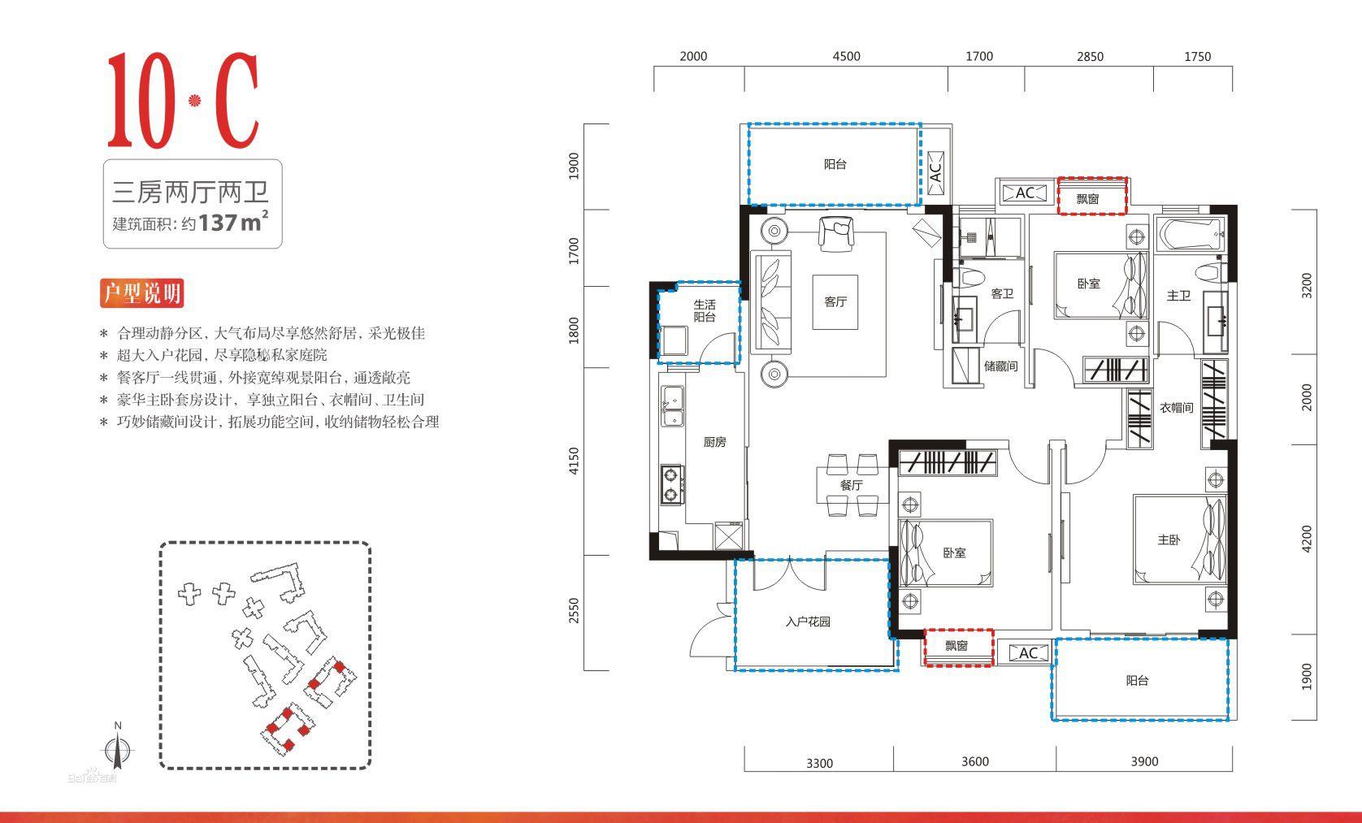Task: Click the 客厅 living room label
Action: click(x=835, y=302)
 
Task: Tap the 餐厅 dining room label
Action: click(x=851, y=485)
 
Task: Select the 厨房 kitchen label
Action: click(x=714, y=442)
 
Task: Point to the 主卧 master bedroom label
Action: click(x=1169, y=539)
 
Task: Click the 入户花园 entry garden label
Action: click(x=808, y=622)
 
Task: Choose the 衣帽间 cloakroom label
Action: click(x=1176, y=408)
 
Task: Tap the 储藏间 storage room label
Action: click(x=1000, y=366)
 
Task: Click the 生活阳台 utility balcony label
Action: click(x=705, y=311)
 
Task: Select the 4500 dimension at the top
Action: click(x=846, y=56)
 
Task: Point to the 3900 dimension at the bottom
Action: click(x=1144, y=761)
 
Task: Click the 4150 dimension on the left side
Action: click(x=575, y=461)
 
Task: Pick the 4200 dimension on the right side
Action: click(x=1307, y=539)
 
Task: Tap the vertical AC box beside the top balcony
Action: click(x=935, y=172)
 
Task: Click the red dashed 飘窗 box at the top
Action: click(x=1091, y=197)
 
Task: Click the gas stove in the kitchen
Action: click(x=671, y=483)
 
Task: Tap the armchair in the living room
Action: click(x=836, y=232)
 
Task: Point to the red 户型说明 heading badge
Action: click(x=141, y=293)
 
